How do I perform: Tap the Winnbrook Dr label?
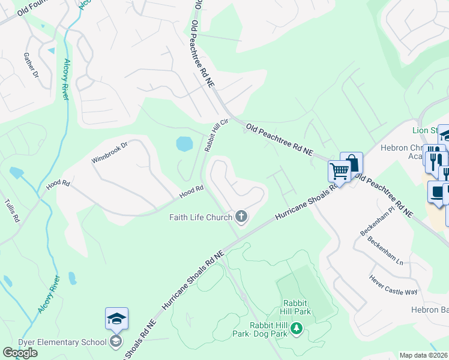click(x=110, y=153)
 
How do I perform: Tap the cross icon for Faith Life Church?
click(x=241, y=217)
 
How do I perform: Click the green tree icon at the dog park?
click(x=295, y=328)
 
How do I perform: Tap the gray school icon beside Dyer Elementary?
click(x=116, y=342)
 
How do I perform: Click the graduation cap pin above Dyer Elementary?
click(x=116, y=319)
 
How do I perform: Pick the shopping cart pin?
click(x=339, y=172)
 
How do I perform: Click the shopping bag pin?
click(x=352, y=163)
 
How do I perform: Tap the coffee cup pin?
click(x=438, y=193)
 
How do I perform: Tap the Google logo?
click(x=20, y=353)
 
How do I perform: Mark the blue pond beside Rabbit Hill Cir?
click(x=184, y=143)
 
